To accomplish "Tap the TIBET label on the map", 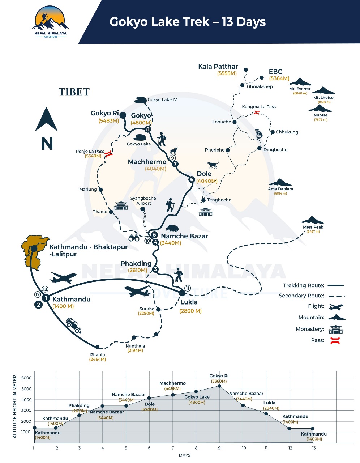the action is (x=74, y=92).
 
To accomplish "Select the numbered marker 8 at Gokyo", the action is (x=147, y=129).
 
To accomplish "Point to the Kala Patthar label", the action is (x=218, y=67).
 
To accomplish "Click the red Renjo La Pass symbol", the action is (x=108, y=154).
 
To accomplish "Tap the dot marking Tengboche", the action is (x=203, y=200).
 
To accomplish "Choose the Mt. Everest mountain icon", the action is (x=300, y=82).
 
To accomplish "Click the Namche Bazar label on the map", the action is (x=184, y=236).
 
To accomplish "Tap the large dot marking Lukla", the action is (x=182, y=293).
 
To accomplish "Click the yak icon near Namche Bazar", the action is (x=172, y=228).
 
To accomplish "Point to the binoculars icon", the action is (x=134, y=238).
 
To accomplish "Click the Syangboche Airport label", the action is (x=143, y=201).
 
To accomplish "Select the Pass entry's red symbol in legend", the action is (x=335, y=340).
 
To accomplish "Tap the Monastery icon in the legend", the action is (x=336, y=330).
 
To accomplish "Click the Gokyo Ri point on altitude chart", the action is (x=219, y=386).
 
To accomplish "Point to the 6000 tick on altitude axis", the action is (x=26, y=378).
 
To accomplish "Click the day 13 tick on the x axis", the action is (x=314, y=448).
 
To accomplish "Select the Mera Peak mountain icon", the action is (x=312, y=220).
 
